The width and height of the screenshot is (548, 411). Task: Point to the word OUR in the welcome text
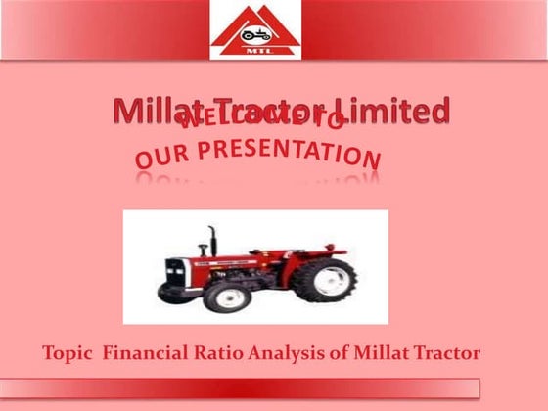click(160, 157)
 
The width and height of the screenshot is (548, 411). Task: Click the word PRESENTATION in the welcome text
click(293, 153)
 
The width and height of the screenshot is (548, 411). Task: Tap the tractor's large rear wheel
click(324, 280)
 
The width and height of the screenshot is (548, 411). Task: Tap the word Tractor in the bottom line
click(446, 352)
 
